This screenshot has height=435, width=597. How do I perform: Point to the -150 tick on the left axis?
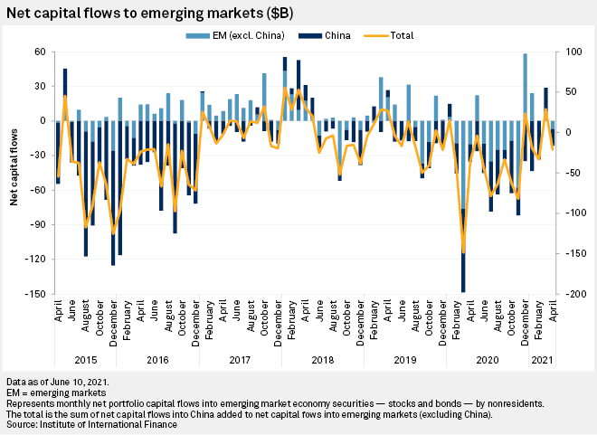pyautogui.click(x=38, y=294)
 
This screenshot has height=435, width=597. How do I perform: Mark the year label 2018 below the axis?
pyautogui.click(x=323, y=360)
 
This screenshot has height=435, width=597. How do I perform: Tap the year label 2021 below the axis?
pyautogui.click(x=543, y=360)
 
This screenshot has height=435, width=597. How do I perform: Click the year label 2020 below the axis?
pyautogui.click(x=488, y=360)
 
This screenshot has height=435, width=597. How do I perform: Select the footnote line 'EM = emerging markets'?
pyautogui.click(x=55, y=393)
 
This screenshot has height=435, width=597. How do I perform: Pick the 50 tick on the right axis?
pyautogui.click(x=567, y=92)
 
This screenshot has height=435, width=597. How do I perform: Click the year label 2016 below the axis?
pyautogui.click(x=157, y=360)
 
